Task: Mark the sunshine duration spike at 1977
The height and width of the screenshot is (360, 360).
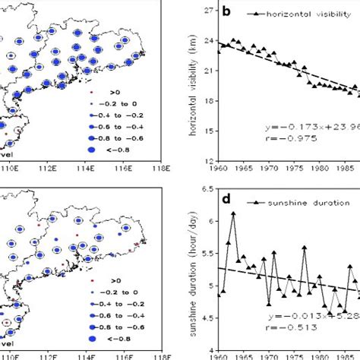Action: pos(304,247)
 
